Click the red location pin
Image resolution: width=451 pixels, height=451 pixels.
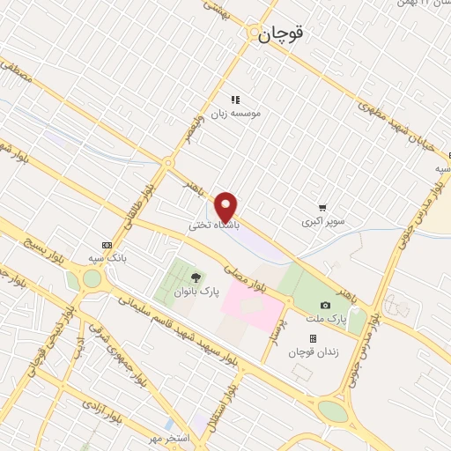click(226, 206)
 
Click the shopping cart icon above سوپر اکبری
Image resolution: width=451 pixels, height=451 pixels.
click(323, 208)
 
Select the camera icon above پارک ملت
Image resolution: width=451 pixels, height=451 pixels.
click(326, 305)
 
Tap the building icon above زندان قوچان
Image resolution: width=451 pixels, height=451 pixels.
click(312, 337)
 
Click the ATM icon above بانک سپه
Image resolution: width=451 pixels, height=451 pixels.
click(107, 245)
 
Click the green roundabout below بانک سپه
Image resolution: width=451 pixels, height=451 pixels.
click(92, 279)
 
